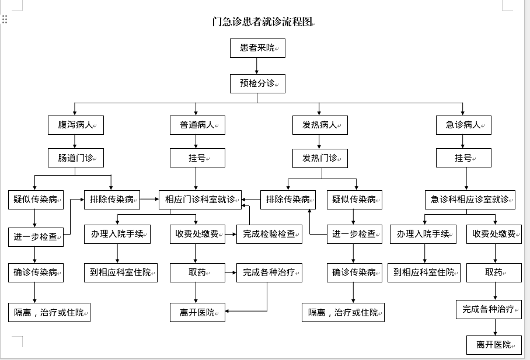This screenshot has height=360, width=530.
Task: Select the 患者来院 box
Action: point(257,48)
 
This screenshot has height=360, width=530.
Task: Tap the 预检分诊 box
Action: point(257,83)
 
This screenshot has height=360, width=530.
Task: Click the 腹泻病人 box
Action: point(76,125)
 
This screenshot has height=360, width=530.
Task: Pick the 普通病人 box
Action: point(197,125)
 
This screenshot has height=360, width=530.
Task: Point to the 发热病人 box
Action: point(320,125)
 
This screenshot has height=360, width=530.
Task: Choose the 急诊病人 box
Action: point(463,125)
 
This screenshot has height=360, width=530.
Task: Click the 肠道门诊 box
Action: point(76,158)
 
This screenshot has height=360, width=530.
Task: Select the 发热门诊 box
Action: point(320,158)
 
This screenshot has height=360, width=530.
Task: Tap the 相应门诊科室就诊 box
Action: point(200,200)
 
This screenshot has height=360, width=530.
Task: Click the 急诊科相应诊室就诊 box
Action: point(470,200)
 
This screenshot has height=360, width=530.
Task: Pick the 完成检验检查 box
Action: point(269,234)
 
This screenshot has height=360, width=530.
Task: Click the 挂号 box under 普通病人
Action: point(197,158)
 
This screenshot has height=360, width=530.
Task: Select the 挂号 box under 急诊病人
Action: point(463,158)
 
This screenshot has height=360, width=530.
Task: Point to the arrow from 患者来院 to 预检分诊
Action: point(257,66)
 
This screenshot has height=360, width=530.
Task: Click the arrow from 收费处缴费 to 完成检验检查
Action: point(231,234)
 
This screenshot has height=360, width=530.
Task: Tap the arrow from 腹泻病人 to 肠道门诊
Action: point(75,141)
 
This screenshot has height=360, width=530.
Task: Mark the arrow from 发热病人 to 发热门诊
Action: point(319,141)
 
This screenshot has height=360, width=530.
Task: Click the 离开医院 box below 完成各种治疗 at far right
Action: point(494,345)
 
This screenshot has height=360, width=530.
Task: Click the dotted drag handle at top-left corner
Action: point(5,19)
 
